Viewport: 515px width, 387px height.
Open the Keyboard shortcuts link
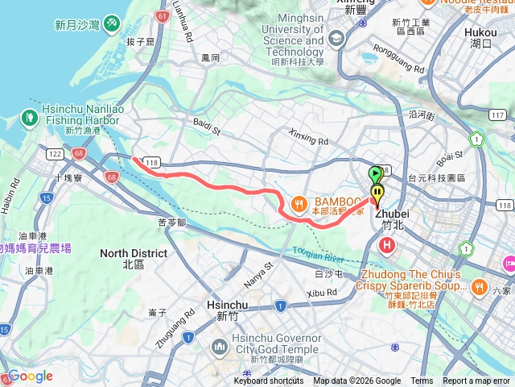coord(269,381)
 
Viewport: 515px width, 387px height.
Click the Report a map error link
coord(477,381)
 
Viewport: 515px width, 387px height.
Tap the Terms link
coord(422,381)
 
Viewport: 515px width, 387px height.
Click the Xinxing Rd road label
coord(308,135)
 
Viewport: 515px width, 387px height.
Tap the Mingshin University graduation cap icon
coord(336,38)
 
